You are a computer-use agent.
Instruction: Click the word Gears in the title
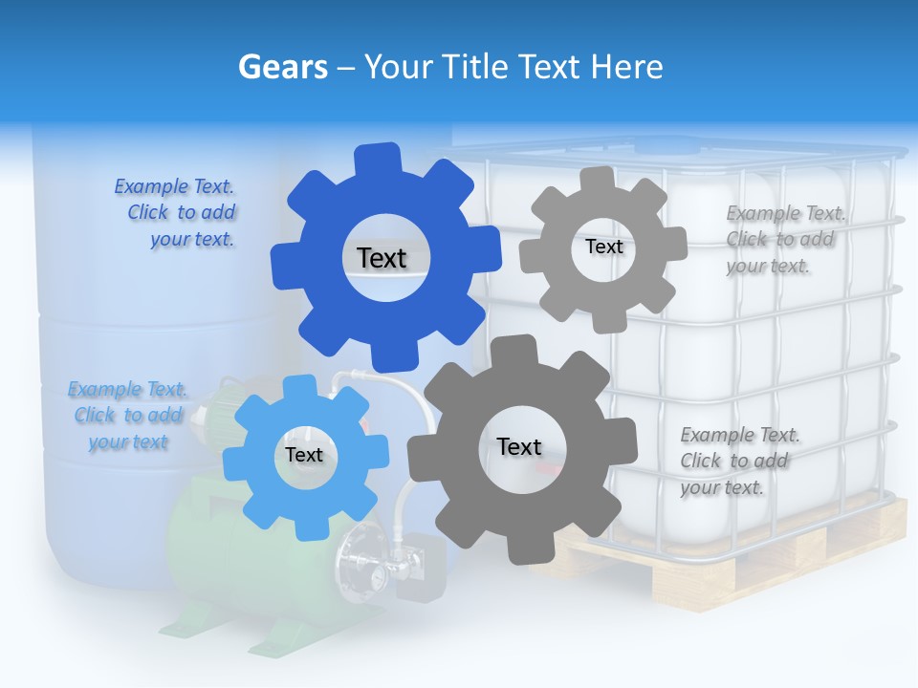[x=282, y=67]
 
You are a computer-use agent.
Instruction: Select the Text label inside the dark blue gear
[x=382, y=258]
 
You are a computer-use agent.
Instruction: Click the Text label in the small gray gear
[x=603, y=247]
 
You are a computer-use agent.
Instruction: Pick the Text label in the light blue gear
[x=304, y=455]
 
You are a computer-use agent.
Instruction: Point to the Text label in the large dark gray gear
[x=519, y=446]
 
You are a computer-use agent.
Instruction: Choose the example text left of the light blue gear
[x=128, y=415]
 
